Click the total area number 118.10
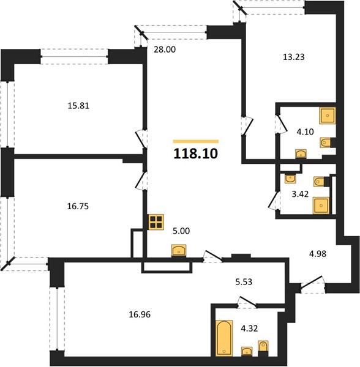[195, 154]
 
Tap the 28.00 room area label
[165, 50]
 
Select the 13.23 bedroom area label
[294, 57]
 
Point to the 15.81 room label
[78, 106]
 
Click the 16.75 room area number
[78, 207]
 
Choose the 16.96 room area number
[140, 314]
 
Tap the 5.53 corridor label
[244, 282]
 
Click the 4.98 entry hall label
[318, 254]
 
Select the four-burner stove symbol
[156, 222]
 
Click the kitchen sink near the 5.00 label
[179, 250]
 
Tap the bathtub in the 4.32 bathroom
[225, 337]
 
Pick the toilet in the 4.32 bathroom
[263, 346]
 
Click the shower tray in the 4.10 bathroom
[328, 116]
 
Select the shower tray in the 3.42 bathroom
[321, 206]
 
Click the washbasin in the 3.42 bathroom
[290, 179]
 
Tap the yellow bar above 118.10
[196, 141]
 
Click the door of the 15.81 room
[141, 139]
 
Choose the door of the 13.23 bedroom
[247, 125]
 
